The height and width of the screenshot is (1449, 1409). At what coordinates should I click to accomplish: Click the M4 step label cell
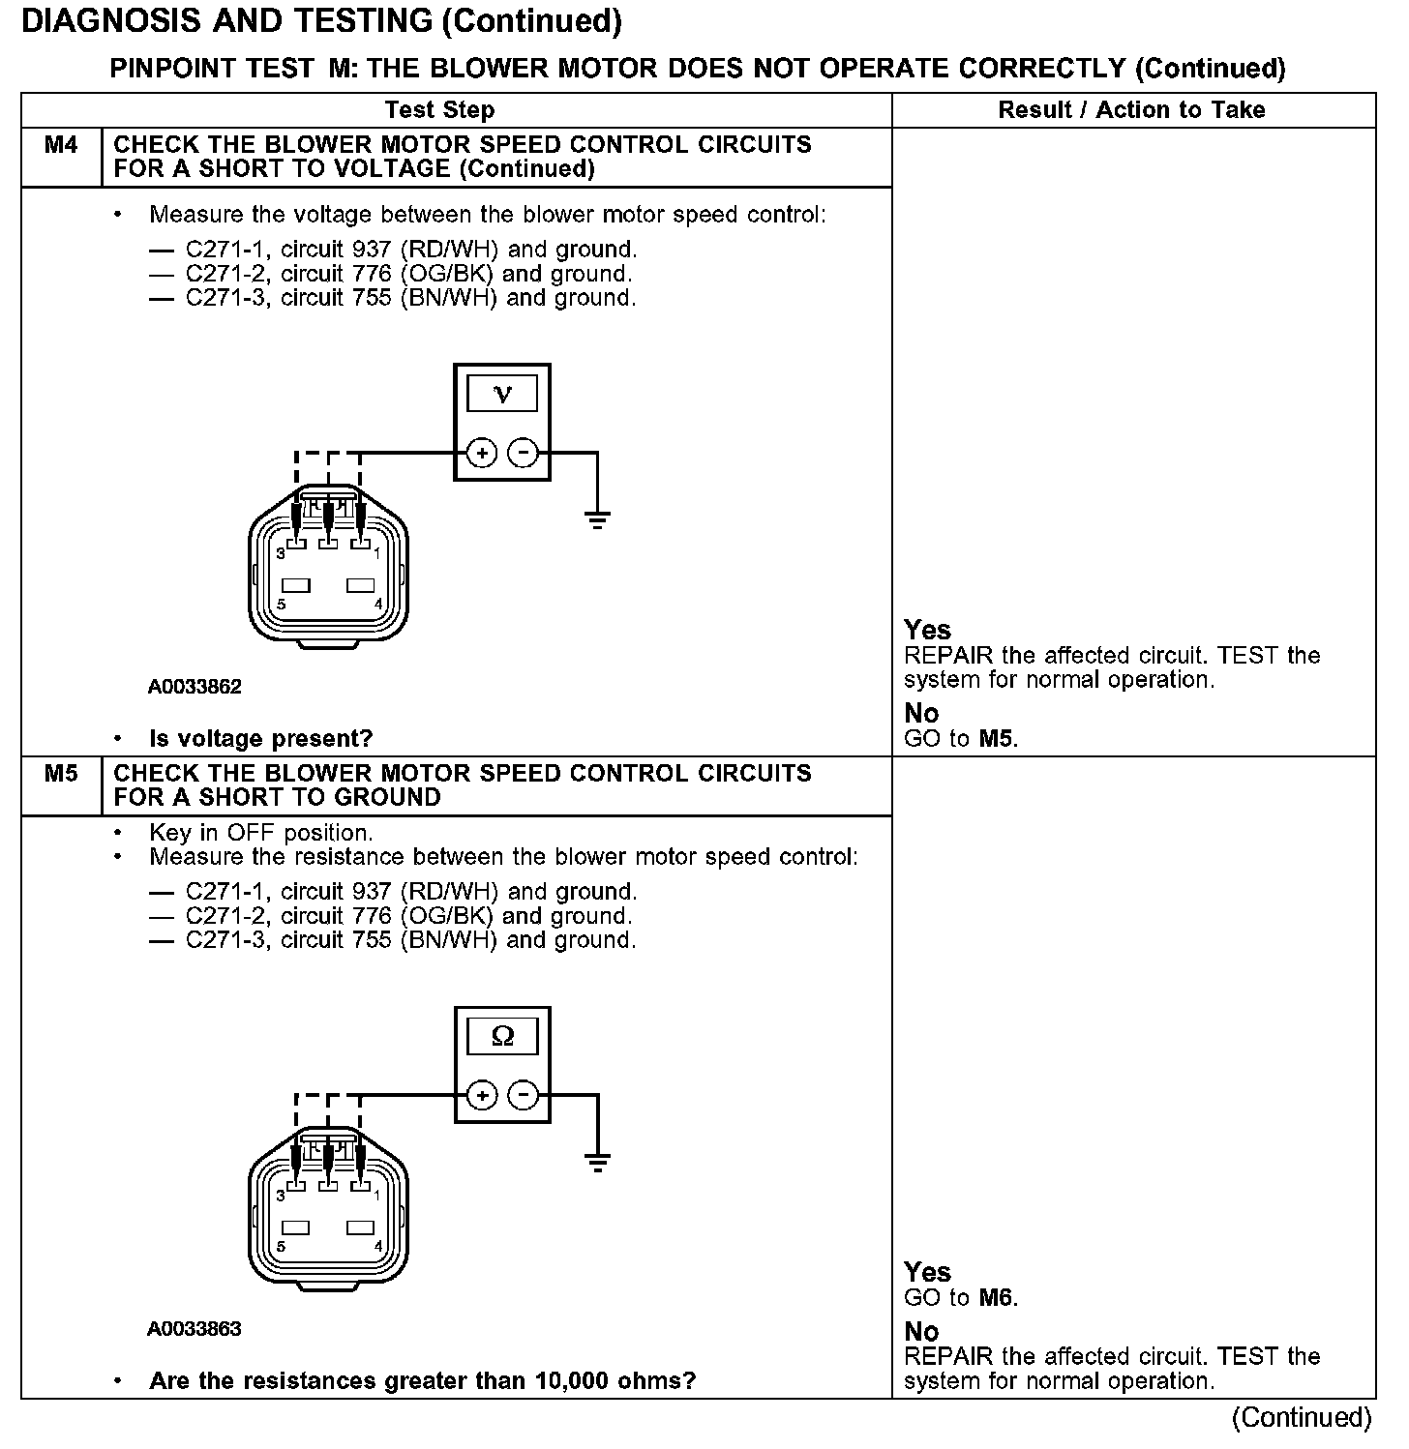point(61,146)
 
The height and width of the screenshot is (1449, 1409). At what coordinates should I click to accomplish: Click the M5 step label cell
point(61,775)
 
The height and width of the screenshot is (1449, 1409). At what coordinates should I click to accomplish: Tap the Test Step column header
point(439,110)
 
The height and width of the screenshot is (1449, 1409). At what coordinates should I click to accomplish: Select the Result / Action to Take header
point(1131,110)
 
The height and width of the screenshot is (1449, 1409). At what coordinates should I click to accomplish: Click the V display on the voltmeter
point(502,395)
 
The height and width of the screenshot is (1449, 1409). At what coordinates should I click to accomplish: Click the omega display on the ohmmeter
point(502,1037)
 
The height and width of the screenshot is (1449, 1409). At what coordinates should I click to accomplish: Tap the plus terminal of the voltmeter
point(481,452)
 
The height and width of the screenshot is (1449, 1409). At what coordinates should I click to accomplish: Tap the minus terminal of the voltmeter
point(524,452)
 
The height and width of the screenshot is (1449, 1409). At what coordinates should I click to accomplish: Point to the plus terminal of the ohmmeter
point(481,1095)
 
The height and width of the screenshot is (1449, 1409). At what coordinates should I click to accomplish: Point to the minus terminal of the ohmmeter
point(524,1095)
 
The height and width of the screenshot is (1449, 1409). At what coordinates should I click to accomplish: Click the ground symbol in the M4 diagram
point(597,520)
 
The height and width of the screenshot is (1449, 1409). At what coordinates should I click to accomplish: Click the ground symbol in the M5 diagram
point(597,1163)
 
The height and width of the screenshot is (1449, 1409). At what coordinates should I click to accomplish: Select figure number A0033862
point(195,687)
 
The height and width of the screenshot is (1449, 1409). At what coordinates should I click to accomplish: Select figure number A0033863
point(195,1329)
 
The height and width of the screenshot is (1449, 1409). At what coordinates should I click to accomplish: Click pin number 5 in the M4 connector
point(281,605)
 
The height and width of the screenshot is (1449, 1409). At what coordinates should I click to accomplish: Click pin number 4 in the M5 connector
point(377,1246)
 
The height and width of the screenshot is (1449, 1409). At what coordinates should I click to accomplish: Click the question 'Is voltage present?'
point(260,739)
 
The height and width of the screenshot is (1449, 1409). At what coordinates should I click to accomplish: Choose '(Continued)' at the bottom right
point(1302,1418)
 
